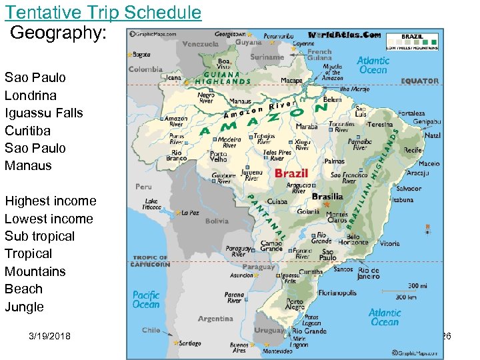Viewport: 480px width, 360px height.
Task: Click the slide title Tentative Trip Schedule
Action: (x=103, y=12)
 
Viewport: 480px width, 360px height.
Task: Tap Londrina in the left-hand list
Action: (x=31, y=95)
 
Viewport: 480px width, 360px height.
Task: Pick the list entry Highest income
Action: (x=51, y=201)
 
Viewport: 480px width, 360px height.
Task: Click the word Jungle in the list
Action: (x=24, y=307)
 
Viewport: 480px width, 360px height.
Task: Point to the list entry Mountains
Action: (x=35, y=271)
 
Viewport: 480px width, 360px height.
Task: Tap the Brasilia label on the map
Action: (x=327, y=197)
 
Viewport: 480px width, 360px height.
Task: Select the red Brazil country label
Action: (x=291, y=173)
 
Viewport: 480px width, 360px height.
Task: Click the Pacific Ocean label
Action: (x=146, y=299)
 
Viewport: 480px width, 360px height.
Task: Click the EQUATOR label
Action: (x=420, y=81)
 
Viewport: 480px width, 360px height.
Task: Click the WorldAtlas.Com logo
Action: (x=345, y=35)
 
